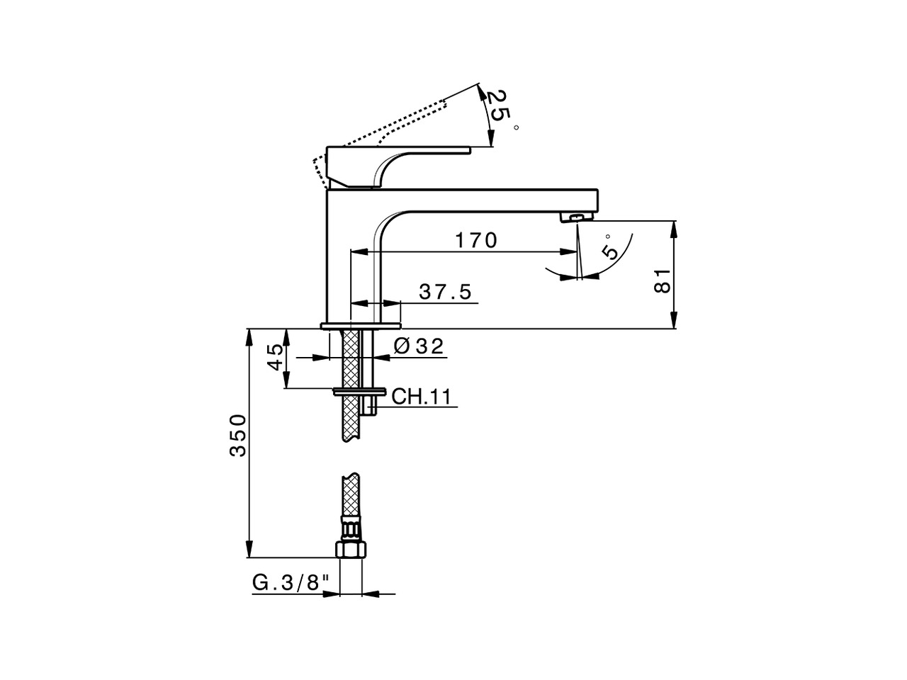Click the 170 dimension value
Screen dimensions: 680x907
point(475,241)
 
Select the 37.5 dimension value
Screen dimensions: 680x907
point(444,292)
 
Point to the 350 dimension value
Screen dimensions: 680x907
point(239,436)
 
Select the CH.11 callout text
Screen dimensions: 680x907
point(421,396)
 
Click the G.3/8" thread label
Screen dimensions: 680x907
point(291,583)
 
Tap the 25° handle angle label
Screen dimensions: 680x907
point(502,108)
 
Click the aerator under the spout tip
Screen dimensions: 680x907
point(575,217)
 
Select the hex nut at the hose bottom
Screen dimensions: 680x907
point(351,550)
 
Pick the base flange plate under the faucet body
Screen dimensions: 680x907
point(361,326)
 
